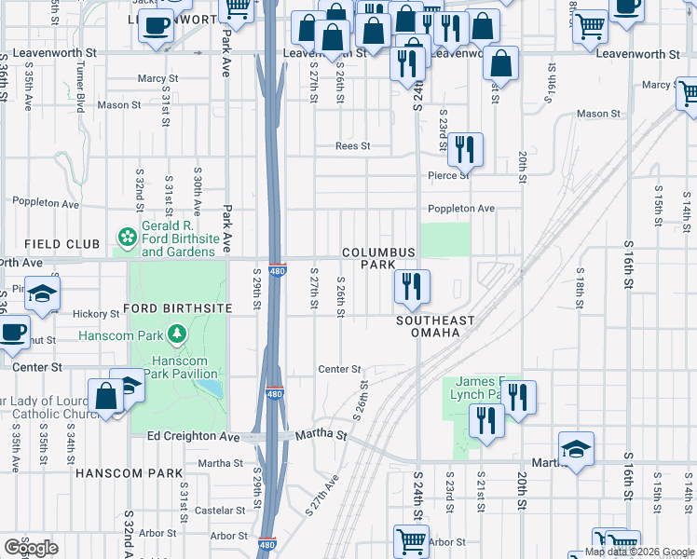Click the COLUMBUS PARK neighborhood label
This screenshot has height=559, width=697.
[378, 259]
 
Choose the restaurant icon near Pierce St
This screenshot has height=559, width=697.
[464, 149]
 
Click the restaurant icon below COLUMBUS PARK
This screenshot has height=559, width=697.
[411, 286]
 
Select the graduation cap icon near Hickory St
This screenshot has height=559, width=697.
[41, 293]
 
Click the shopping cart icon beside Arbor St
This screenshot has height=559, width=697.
[411, 539]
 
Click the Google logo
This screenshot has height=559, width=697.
[31, 548]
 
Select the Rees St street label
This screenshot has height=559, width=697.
[353, 146]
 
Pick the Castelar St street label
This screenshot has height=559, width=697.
[219, 510]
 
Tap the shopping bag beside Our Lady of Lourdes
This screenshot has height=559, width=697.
[107, 395]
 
